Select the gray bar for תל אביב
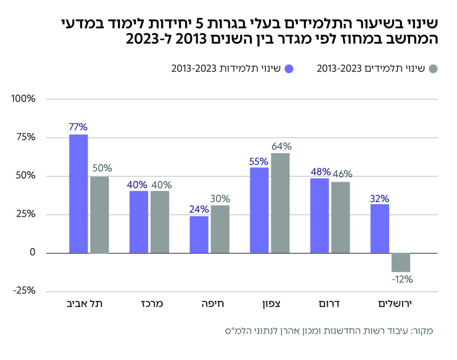point(100,215)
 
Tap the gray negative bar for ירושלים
point(401,262)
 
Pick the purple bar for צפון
point(259,210)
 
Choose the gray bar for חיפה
point(220,229)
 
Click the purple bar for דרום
point(320,216)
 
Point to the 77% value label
point(79,127)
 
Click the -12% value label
point(402,280)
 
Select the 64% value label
point(281,146)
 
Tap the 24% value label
point(199,209)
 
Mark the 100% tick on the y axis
point(24,99)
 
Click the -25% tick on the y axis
point(24,291)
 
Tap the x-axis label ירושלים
point(391,304)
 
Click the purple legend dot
point(289,69)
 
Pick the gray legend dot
point(432,69)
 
